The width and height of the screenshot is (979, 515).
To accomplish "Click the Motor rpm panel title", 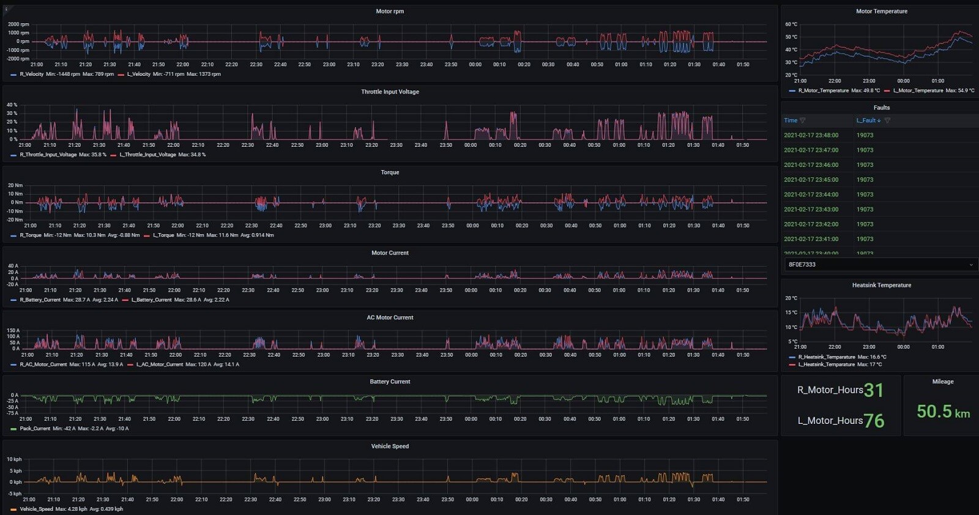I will tap(390, 12).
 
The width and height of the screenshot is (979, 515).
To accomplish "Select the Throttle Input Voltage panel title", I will tap(390, 92).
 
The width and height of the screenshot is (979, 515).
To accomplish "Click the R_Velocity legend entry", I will tap(31, 75).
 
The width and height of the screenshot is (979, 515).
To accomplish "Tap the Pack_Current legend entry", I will tap(34, 429).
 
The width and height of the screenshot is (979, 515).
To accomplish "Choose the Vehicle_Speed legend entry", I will tap(36, 509).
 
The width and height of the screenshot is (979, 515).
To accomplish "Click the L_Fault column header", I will tap(868, 120).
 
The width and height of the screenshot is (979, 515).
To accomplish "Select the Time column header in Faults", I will tap(791, 120).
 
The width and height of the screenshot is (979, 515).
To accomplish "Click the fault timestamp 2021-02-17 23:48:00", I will tap(811, 135).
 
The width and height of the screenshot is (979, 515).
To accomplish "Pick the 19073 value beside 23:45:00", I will tap(865, 180).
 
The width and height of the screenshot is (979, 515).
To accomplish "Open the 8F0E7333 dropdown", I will tap(880, 265).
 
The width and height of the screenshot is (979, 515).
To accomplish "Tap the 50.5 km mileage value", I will tap(942, 412).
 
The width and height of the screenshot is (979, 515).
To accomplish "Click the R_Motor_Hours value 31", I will tap(873, 390).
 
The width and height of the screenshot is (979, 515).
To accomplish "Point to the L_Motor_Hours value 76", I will tap(874, 421).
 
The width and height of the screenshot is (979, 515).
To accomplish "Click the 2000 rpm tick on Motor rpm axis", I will tap(18, 24).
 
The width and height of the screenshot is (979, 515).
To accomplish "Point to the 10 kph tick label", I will tap(14, 459).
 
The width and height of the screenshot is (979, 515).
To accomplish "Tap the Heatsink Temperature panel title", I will tap(881, 286).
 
